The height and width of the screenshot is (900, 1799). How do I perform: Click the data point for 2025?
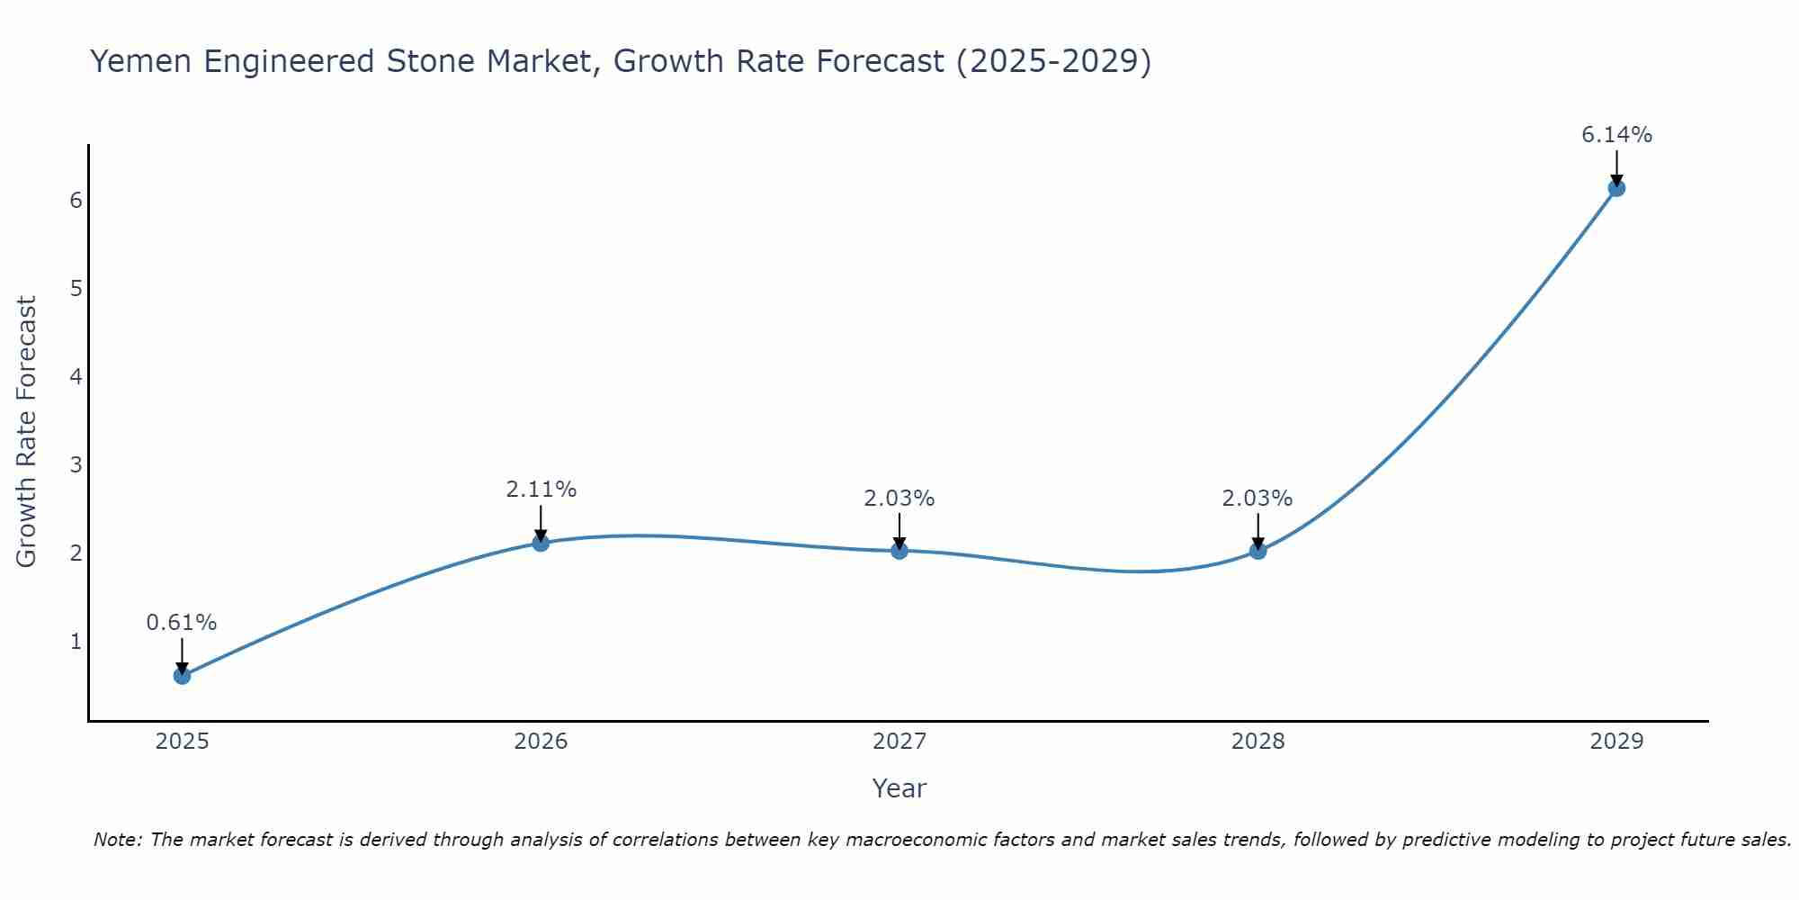point(182,675)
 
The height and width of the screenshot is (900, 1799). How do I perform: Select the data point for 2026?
point(541,543)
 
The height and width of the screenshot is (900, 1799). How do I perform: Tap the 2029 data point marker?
point(1616,188)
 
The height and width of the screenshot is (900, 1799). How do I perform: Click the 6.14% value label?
point(1616,135)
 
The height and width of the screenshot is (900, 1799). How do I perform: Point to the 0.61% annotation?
point(182,622)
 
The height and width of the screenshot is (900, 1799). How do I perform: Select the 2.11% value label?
point(541,490)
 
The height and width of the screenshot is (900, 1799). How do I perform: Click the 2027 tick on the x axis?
point(899,742)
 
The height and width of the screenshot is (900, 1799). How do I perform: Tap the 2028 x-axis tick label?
point(1258,742)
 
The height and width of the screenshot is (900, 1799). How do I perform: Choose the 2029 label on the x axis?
point(1616,742)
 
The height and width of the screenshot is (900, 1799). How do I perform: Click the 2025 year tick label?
point(182,742)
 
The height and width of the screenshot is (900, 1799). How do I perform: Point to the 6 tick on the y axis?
point(76,200)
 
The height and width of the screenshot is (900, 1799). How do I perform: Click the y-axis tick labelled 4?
point(76,376)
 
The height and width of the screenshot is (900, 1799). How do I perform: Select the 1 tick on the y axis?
point(76,642)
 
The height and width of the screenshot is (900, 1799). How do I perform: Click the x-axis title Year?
point(899,788)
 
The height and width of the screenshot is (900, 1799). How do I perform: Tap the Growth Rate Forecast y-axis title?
point(27,432)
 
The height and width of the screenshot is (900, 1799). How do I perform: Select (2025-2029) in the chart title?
point(1053,61)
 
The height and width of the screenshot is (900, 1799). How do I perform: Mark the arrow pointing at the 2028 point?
point(1258,531)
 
